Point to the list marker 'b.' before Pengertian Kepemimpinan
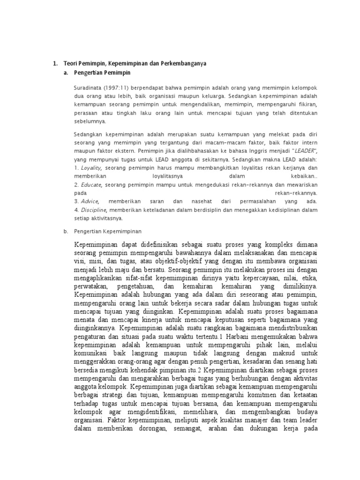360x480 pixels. tap(66, 231)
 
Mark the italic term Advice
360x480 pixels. tap(90, 201)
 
